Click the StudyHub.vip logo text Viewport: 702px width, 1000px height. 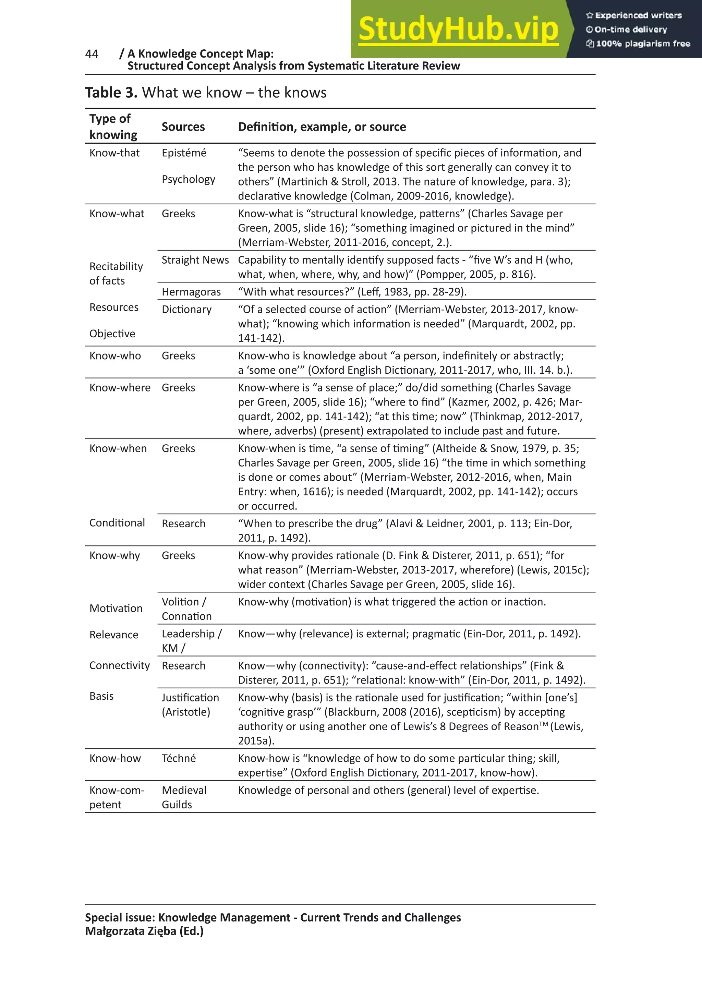(458, 29)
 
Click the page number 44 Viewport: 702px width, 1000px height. (92, 54)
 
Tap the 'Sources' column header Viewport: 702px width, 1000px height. (183, 127)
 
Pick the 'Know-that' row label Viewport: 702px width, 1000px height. (114, 153)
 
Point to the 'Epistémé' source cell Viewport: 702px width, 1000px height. (184, 153)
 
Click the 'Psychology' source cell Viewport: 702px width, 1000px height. (188, 179)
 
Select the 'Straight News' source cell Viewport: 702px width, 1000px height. (195, 260)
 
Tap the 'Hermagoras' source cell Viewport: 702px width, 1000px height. (191, 292)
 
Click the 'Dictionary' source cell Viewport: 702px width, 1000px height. (186, 309)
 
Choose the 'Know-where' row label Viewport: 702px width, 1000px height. (120, 388)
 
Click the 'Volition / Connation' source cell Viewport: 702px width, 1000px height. (187, 609)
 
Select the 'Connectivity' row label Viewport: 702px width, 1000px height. (119, 665)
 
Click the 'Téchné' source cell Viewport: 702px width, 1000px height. (179, 758)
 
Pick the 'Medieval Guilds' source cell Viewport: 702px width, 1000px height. (184, 797)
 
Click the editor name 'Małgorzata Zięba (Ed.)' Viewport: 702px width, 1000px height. (144, 931)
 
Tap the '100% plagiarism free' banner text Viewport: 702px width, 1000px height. (643, 44)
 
